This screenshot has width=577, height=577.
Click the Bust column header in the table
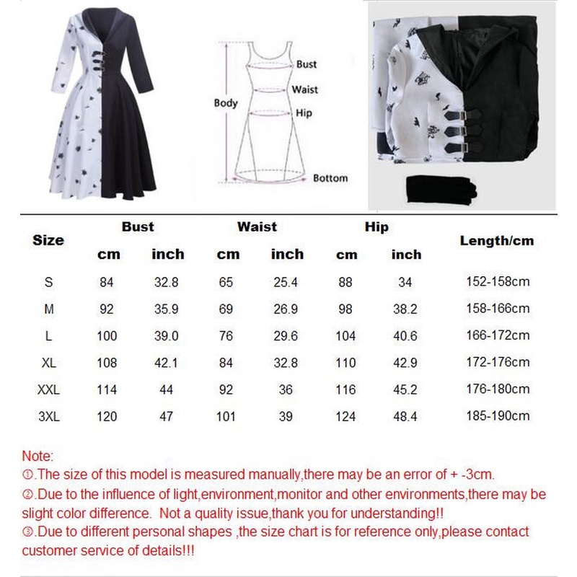point(138,226)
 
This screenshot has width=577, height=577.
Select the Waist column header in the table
point(257,226)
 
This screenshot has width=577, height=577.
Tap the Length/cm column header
point(497,240)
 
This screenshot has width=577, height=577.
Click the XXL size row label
point(48,389)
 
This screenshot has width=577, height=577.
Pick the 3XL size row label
point(48,416)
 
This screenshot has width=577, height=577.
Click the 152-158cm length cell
point(497,281)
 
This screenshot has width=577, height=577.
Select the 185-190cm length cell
point(497,416)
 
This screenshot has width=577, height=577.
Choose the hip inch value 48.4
point(406,416)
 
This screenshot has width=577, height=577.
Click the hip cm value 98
point(346,309)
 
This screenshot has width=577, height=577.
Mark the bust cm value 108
point(107,362)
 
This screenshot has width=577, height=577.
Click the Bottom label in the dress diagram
point(330,178)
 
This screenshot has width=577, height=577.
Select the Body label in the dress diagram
point(226,103)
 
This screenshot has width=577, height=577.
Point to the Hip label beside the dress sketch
point(304,113)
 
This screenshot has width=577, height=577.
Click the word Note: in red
point(38,457)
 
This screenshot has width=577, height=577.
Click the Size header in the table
point(48,240)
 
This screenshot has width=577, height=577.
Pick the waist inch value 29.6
point(287,335)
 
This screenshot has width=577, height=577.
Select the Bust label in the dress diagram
point(306,64)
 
